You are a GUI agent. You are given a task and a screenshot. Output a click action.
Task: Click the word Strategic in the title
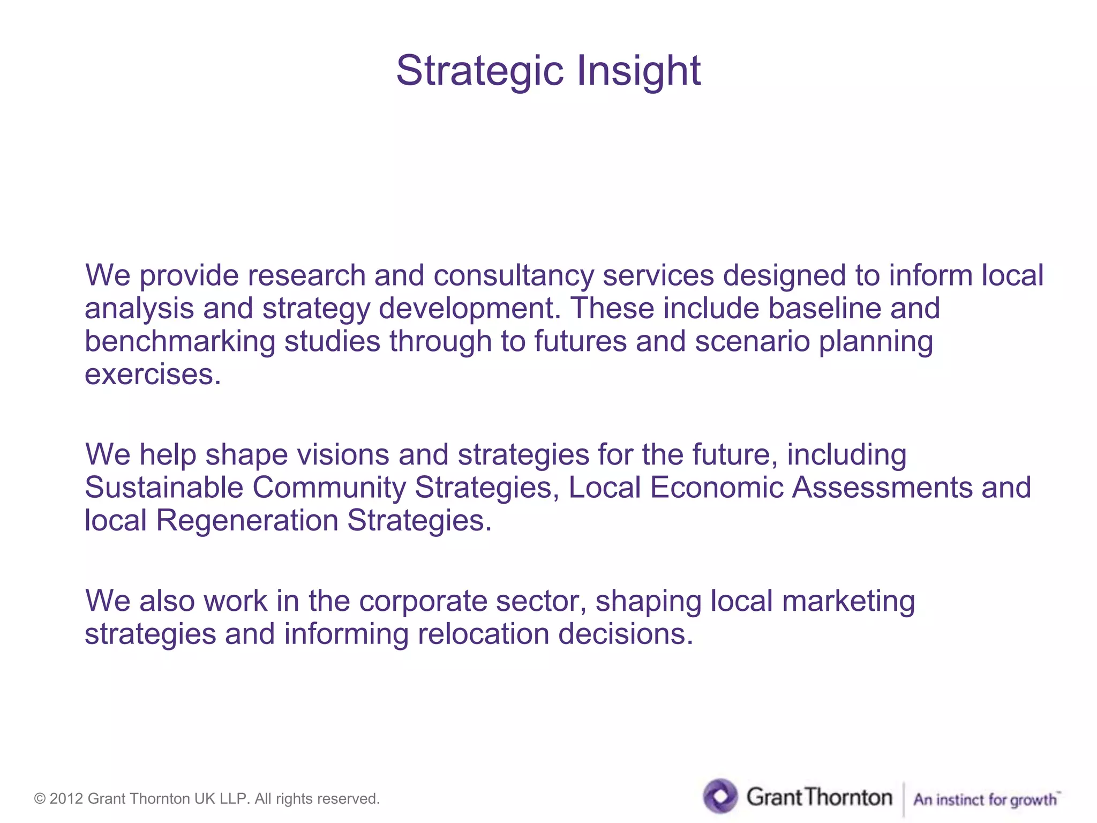tap(479, 71)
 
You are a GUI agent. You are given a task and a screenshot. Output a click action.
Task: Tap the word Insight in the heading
tap(638, 71)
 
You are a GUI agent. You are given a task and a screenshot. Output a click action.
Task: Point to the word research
tap(306, 275)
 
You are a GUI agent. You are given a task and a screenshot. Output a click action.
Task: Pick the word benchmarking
tap(180, 341)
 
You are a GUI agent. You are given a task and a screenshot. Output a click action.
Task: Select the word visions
tap(343, 454)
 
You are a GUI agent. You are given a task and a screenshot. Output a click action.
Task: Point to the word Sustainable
tap(164, 488)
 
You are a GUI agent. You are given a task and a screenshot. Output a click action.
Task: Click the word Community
tap(329, 488)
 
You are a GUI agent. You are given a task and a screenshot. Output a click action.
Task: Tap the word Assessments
tap(882, 488)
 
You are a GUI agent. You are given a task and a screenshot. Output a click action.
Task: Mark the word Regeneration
tap(247, 520)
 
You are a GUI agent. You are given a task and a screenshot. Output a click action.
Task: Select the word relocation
tap(483, 634)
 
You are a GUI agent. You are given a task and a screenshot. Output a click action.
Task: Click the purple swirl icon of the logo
tap(720, 796)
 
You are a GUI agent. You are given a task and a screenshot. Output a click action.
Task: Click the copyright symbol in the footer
tap(40, 799)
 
